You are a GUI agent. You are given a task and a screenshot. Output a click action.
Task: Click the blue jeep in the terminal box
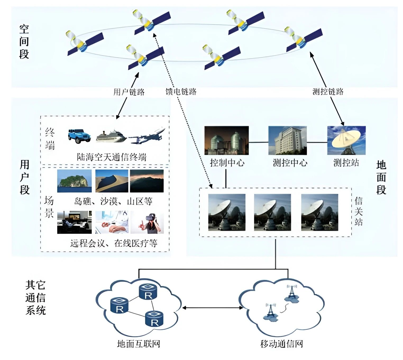[79, 136]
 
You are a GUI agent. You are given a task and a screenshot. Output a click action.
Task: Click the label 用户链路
[129, 92]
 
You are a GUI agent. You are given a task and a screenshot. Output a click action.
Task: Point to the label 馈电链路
[181, 92]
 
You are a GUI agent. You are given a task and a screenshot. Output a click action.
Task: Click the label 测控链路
[328, 92]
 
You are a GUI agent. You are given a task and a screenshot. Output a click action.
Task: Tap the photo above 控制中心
[226, 140]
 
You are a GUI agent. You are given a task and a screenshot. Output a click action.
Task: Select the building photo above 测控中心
[287, 140]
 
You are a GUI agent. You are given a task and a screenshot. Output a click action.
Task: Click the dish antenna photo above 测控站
[346, 140]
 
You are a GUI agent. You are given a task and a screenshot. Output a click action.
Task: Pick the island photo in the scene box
[74, 181]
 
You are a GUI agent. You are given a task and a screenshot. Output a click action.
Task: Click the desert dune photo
[112, 181]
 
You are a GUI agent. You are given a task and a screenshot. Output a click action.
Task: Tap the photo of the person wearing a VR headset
[147, 222]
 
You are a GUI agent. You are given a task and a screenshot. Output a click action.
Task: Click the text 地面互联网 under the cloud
[138, 344]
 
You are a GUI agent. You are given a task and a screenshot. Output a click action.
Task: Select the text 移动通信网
[281, 344]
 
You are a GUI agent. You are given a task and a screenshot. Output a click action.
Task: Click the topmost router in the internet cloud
[148, 291]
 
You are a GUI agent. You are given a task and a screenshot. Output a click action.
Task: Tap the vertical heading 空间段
[24, 41]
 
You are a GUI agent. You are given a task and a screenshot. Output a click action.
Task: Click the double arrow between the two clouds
[213, 308]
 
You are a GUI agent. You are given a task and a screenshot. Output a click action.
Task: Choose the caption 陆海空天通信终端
[111, 157]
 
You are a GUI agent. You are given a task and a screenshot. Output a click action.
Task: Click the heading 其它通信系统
[35, 298]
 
